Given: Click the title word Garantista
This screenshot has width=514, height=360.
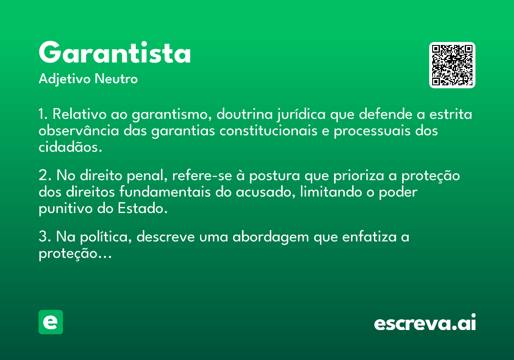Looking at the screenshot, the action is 115,52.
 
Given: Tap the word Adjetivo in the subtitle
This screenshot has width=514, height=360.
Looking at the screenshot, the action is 65,79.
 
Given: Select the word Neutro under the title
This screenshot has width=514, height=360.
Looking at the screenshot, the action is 116,79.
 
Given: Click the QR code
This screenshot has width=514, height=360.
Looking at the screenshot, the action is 452,65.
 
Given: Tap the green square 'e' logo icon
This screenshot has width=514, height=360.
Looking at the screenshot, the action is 51,322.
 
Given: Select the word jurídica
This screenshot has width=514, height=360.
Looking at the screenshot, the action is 301,114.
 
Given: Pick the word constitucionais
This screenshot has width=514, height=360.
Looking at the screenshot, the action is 268,130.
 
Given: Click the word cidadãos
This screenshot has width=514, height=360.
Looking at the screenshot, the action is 70,147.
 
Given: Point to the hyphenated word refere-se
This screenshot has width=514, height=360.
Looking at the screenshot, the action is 202,175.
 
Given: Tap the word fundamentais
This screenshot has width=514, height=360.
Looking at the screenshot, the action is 165,192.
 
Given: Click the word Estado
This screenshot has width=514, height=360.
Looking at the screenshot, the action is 143,208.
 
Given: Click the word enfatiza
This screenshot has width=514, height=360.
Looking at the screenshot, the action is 369,237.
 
